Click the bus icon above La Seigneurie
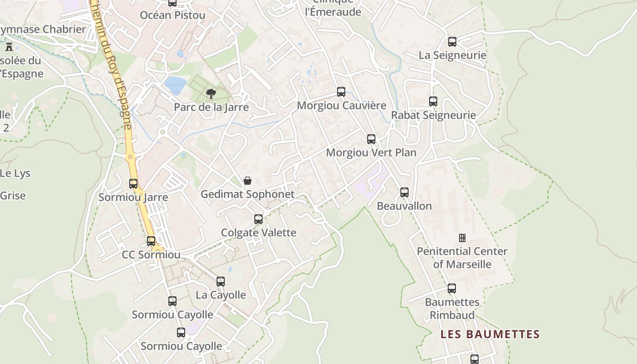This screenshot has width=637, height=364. [x=452, y=42]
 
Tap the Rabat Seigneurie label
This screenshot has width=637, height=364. [x=433, y=115]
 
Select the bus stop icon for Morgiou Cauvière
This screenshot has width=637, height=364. [x=341, y=92]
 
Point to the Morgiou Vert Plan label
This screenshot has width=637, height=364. [x=371, y=152]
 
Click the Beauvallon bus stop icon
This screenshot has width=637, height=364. [x=404, y=192]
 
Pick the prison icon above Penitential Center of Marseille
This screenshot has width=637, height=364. [x=462, y=238]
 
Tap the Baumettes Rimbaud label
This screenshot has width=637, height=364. [x=452, y=308]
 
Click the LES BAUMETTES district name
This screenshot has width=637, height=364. [x=490, y=334]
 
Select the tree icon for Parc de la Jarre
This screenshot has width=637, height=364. [x=211, y=94]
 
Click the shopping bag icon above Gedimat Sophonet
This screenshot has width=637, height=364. [x=247, y=181]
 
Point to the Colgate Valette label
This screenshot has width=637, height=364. [x=258, y=233]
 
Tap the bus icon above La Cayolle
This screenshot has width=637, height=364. [x=221, y=282]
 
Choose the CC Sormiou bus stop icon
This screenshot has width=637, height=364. [x=151, y=241]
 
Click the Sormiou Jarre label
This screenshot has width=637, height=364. [x=133, y=197]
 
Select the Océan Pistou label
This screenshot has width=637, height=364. [x=172, y=15]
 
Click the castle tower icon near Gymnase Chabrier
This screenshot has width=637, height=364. [x=9, y=46]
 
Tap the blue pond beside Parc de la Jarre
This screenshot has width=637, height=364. [x=175, y=85]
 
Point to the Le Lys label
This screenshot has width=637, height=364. [x=15, y=173]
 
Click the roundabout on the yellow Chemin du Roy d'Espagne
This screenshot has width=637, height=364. [x=131, y=157]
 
